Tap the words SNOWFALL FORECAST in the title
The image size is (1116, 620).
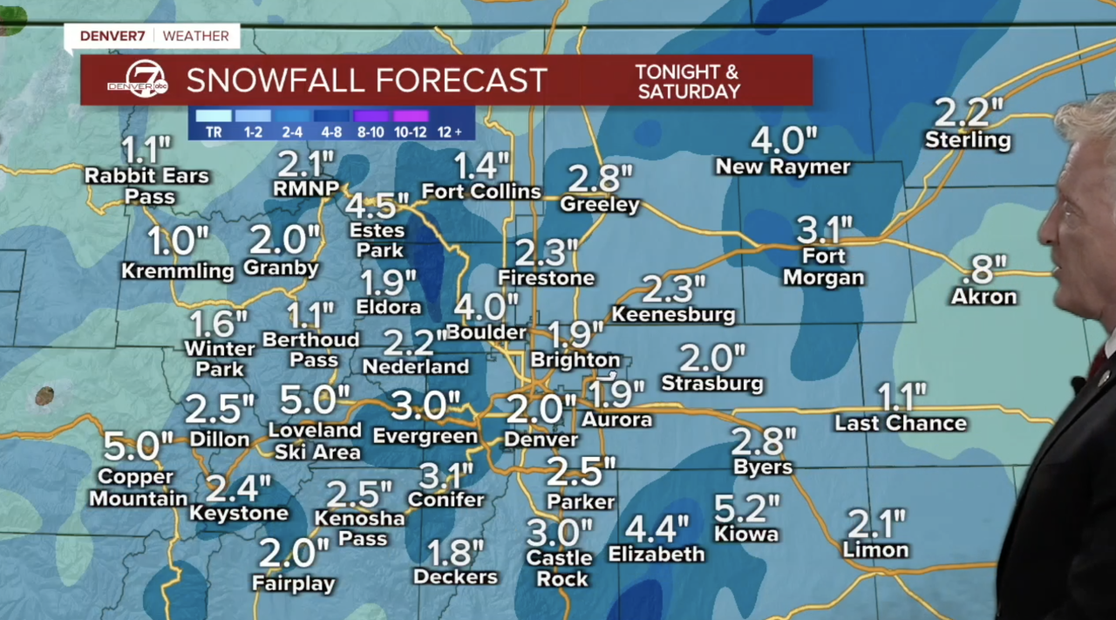366,80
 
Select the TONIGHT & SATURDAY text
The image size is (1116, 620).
688,81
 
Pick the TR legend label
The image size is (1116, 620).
213,132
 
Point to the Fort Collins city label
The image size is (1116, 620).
481,191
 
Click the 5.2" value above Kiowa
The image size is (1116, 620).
746,508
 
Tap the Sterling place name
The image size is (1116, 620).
968,140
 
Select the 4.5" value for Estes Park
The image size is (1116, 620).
378,206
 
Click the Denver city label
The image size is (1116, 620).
541,439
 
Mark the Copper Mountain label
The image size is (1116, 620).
138,488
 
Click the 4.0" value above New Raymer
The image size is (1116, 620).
785,140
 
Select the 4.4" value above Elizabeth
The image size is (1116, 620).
657,528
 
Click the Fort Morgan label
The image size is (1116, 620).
824,268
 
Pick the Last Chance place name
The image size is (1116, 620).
901,423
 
